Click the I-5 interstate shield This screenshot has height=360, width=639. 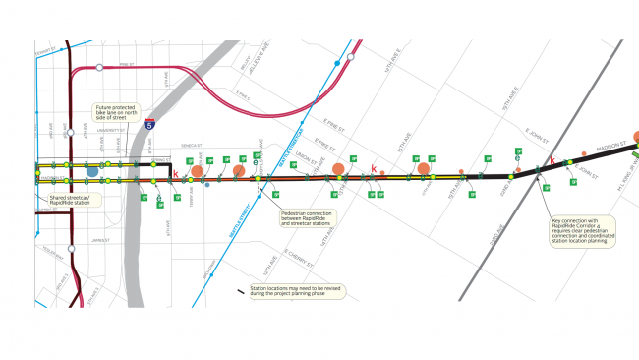point(147,125)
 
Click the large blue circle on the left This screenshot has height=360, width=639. point(92,171)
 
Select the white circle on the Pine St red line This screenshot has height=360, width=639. point(100,68)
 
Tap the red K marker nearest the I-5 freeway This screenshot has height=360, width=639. point(176,175)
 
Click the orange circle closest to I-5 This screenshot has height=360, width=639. point(197,170)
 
